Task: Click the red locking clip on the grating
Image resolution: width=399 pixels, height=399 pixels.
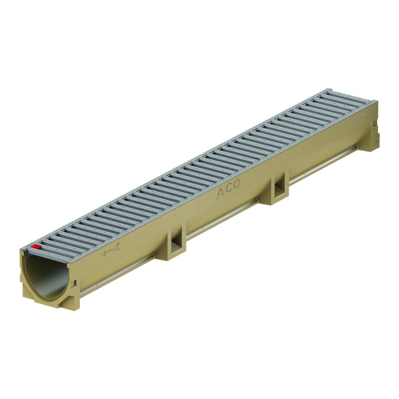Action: click(x=36, y=247)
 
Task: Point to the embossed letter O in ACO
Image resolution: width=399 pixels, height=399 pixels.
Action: click(x=237, y=184)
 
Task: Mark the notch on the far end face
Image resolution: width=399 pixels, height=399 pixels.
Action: click(x=375, y=123)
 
